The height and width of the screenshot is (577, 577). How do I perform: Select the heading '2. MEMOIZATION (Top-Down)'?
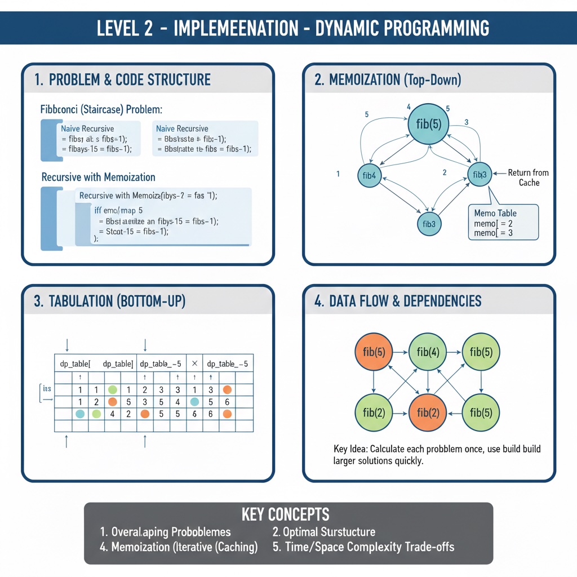(388, 80)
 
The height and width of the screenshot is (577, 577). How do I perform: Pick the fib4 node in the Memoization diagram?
(370, 175)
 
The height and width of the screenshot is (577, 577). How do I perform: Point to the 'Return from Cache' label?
(528, 177)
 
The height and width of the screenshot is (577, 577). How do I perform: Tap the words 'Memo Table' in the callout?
(495, 214)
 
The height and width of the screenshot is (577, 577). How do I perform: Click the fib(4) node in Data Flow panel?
(428, 353)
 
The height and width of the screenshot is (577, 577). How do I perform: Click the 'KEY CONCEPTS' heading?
(285, 514)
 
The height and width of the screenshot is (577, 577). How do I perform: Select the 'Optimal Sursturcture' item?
(323, 531)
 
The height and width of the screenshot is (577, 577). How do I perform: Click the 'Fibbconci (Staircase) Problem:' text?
(101, 109)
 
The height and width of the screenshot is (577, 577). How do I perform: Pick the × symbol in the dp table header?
(194, 364)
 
